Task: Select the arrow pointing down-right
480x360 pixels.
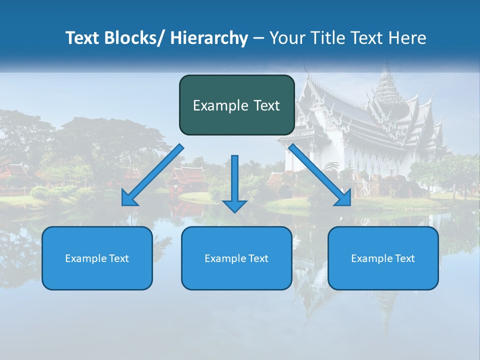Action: pyautogui.click(x=320, y=175)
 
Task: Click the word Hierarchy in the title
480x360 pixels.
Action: pyautogui.click(x=208, y=38)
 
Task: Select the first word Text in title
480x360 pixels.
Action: pyautogui.click(x=83, y=38)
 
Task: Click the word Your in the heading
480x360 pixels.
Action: pyautogui.click(x=288, y=38)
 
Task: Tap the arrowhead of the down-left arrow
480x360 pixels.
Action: pyautogui.click(x=129, y=200)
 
